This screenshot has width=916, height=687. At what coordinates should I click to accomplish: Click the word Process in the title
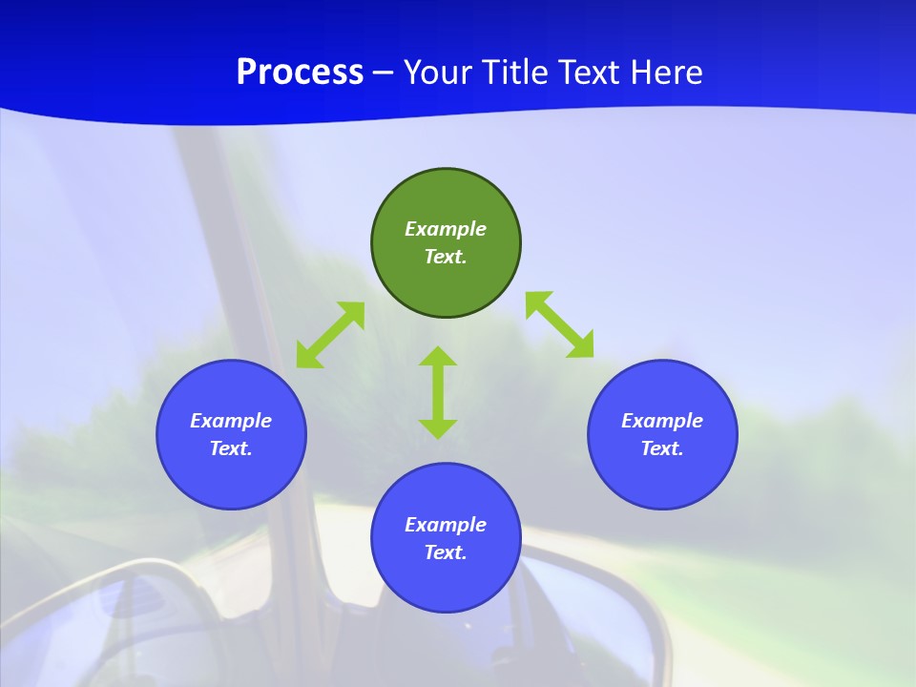[x=300, y=73]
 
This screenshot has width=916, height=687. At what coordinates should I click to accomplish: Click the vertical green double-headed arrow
[x=438, y=392]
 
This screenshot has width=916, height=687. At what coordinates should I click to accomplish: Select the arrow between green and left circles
[x=330, y=335]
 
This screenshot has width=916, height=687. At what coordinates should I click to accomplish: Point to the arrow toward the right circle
[x=559, y=325]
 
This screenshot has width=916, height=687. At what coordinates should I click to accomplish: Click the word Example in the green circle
[x=446, y=229]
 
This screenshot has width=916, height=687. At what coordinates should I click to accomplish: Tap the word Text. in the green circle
[x=446, y=257]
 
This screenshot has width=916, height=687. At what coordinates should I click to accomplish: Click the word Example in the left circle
[x=231, y=421]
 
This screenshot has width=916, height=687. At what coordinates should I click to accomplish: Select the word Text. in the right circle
[x=662, y=448]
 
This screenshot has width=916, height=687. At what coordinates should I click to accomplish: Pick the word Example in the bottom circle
[x=446, y=525]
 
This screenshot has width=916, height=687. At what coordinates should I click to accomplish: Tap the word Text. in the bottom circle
[x=446, y=552]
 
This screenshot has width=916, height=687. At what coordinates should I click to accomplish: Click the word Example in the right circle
[x=662, y=421]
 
